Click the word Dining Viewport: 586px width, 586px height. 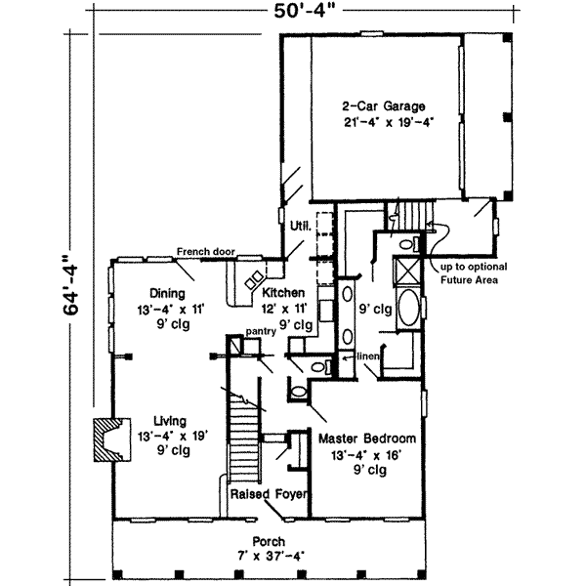tap(168, 292)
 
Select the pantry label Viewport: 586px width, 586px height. tap(262, 332)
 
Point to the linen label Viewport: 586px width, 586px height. tap(366, 357)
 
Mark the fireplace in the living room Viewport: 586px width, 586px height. tap(105, 439)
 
